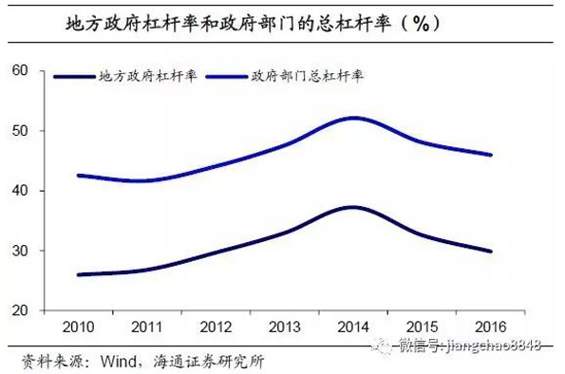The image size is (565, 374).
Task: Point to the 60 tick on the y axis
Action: tap(22, 70)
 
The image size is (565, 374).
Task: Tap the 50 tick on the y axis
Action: tap(22, 130)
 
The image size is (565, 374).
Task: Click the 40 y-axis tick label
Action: tap(22, 191)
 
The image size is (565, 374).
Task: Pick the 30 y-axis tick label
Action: tap(22, 251)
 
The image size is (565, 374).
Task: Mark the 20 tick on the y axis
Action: tap(22, 310)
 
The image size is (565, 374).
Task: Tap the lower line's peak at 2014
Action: tap(352, 207)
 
